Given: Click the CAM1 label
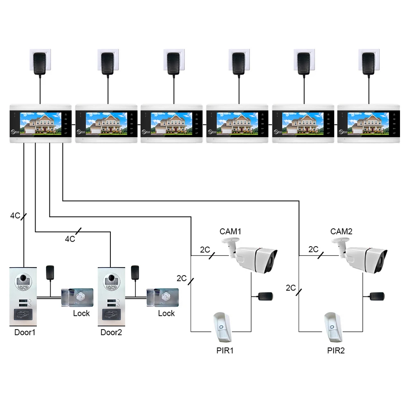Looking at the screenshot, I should [231, 231].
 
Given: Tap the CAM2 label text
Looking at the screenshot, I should [342, 231].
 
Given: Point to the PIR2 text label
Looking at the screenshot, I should [336, 351].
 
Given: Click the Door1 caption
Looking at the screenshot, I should [25, 332].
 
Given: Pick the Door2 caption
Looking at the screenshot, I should [111, 332].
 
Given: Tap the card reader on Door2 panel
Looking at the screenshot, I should [110, 315].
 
